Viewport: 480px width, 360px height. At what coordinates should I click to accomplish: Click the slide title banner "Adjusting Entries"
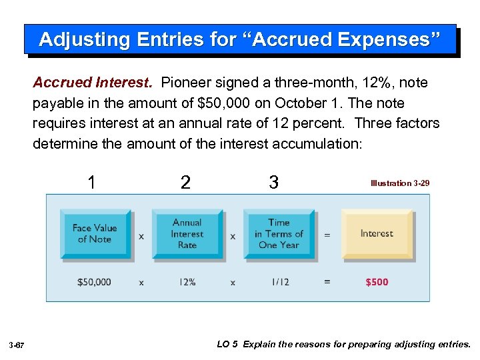[x=240, y=39]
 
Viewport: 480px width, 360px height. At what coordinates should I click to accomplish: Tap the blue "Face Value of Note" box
[x=94, y=233]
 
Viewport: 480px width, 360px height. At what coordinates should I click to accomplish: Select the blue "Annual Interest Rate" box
[x=187, y=233]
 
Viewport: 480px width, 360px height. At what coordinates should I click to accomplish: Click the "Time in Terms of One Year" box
[x=279, y=233]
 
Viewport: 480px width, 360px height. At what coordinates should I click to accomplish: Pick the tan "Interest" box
[x=377, y=233]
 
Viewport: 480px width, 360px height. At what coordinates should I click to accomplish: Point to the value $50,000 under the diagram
[x=94, y=282]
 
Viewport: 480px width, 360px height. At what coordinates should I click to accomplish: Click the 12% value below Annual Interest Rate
[x=187, y=282]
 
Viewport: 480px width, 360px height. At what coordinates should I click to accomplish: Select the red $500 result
[x=377, y=282]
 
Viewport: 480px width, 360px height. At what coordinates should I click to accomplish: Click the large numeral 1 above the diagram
[x=92, y=181]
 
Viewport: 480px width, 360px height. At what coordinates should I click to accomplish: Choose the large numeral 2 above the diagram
[x=185, y=182]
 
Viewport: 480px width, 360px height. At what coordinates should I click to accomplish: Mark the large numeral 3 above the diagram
[x=273, y=182]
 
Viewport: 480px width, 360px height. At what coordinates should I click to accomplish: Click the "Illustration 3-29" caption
[x=400, y=183]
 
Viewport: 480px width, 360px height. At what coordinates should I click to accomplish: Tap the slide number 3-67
[x=17, y=345]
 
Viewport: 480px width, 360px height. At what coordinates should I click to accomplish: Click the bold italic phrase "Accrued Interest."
[x=93, y=83]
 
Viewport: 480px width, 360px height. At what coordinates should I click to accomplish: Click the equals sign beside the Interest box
[x=327, y=235]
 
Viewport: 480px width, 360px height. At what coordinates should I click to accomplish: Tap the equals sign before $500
[x=327, y=282]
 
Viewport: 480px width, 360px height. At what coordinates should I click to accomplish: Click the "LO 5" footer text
[x=228, y=345]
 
